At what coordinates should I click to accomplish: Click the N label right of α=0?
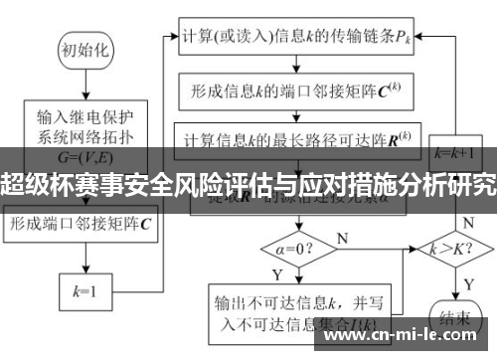click(x=342, y=238)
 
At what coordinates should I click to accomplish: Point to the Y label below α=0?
click(x=277, y=271)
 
